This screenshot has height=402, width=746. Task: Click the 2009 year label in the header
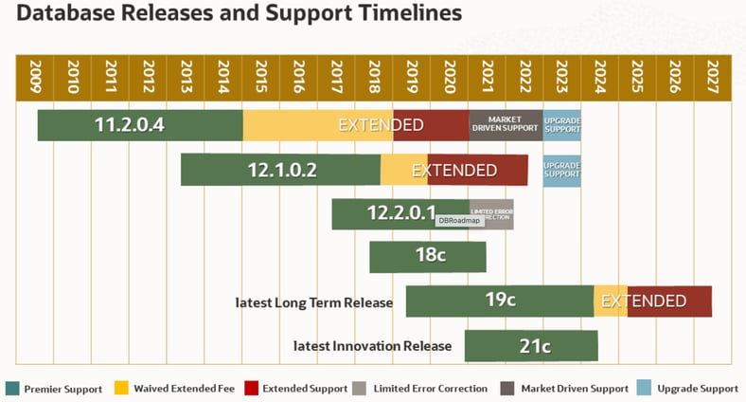[x=36, y=75]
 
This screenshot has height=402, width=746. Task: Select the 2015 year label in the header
[x=261, y=75]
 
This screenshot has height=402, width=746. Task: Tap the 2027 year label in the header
[x=712, y=75]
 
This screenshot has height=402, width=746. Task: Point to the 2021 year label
[x=487, y=75]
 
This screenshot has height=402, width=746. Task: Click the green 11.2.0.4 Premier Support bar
[x=140, y=125]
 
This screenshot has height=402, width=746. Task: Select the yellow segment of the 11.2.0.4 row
[x=317, y=125]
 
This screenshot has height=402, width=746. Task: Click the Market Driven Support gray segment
[x=506, y=125]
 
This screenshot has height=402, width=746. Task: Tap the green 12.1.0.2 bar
[x=280, y=170]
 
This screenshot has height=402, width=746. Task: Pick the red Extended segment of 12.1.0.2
[x=478, y=170]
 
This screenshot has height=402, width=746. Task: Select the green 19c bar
[x=499, y=301]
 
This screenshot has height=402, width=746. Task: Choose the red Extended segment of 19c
[x=669, y=301]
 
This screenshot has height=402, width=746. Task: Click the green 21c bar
[x=531, y=345]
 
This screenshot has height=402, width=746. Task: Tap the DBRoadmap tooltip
[x=459, y=220]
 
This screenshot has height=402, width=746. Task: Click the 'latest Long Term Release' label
[x=313, y=302]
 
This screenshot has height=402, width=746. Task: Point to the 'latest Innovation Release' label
[x=372, y=346]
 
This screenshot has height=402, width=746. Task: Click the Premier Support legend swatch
[x=12, y=388]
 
